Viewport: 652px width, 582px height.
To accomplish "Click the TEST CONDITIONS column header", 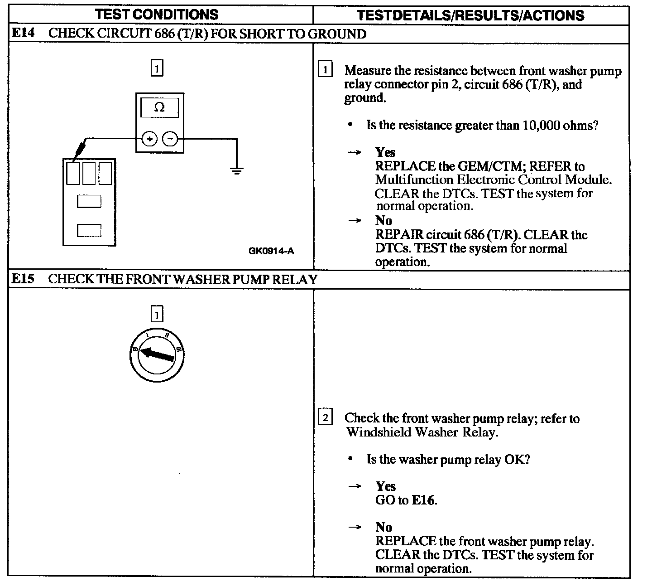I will [x=157, y=14].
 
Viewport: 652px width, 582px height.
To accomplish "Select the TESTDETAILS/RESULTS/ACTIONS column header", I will [x=470, y=15].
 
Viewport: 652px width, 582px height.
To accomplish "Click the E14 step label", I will [x=23, y=33].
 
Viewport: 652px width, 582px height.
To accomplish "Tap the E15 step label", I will [x=23, y=278].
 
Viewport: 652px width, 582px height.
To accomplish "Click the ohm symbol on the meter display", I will [x=159, y=107].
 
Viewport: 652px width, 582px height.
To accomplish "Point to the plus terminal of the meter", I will [x=149, y=139].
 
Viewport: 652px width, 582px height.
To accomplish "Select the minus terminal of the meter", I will [x=170, y=139].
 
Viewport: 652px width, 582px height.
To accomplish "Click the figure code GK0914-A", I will [x=271, y=251].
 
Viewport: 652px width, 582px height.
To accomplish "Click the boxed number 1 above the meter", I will [x=156, y=69].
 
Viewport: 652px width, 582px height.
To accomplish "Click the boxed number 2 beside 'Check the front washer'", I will [x=326, y=417].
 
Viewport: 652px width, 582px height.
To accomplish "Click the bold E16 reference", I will [x=424, y=500].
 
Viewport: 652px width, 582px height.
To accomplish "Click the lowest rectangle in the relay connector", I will [x=89, y=230].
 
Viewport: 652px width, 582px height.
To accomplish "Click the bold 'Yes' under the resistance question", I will [x=385, y=152].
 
